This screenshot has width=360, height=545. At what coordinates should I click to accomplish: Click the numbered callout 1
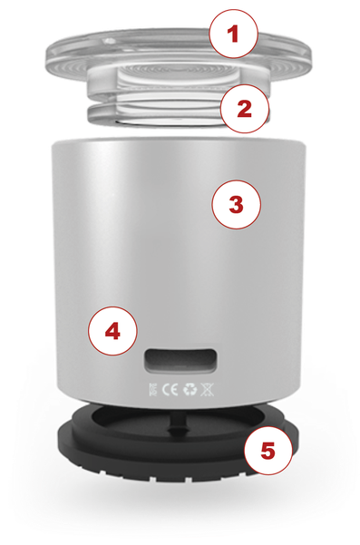click(234, 34)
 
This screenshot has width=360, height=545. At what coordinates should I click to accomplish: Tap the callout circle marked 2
click(245, 108)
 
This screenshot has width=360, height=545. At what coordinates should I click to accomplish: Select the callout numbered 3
click(237, 204)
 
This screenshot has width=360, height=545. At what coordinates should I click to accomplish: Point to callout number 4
click(113, 331)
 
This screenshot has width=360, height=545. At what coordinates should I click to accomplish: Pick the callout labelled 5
click(268, 450)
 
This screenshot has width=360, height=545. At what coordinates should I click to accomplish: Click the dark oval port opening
click(180, 361)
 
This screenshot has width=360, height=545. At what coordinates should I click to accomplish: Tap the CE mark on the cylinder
click(170, 390)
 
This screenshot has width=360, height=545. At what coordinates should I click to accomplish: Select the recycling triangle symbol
click(190, 390)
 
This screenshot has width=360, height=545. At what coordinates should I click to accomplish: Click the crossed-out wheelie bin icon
click(208, 390)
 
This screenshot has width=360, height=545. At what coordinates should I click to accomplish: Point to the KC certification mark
click(153, 390)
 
